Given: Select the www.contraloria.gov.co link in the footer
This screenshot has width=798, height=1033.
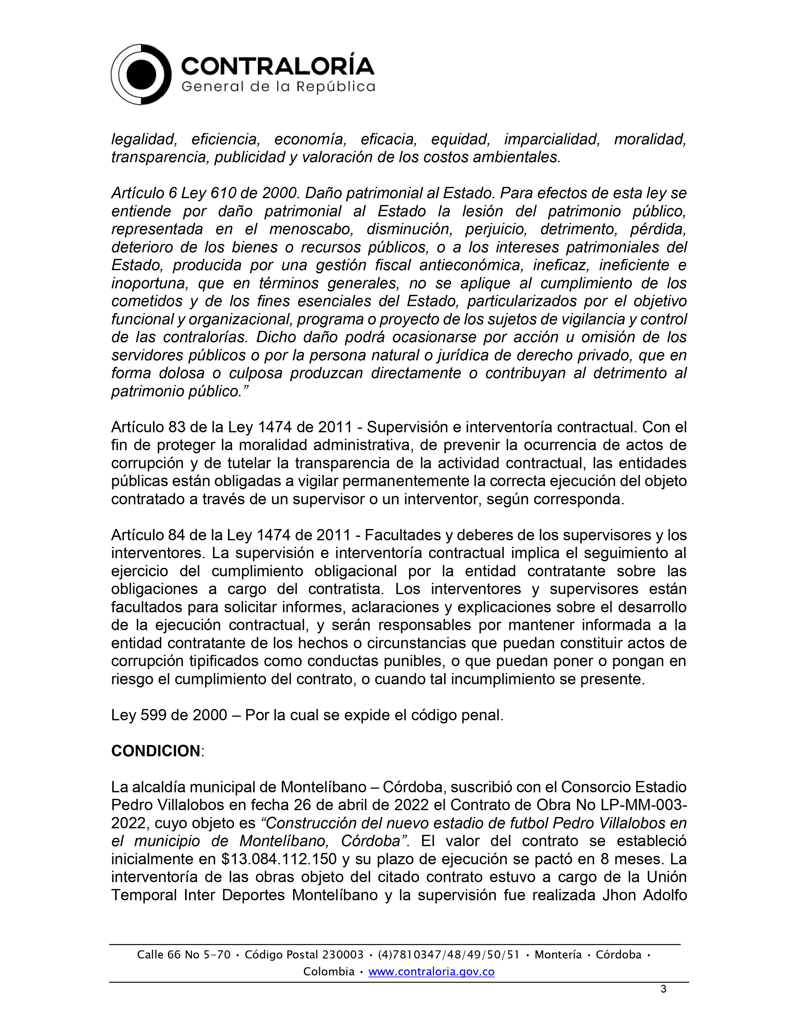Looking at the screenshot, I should (x=431, y=972).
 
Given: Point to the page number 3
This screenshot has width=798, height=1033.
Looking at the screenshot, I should (x=663, y=989).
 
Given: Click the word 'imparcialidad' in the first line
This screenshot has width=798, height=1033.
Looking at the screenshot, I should (x=552, y=140).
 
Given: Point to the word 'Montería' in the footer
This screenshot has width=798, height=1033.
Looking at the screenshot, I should (x=558, y=954).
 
